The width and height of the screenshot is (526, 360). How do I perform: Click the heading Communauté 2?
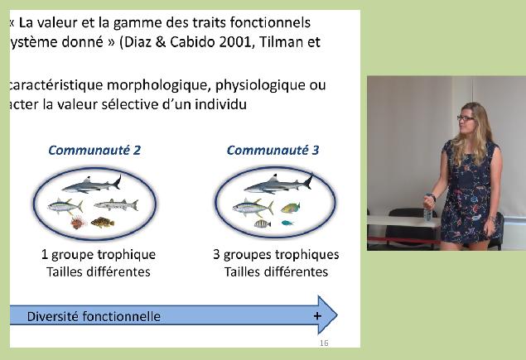[94, 150]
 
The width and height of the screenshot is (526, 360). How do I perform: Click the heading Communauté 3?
[273, 150]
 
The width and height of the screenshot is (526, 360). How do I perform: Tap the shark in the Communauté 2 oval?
[92, 185]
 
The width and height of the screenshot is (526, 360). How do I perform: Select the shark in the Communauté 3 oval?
[278, 184]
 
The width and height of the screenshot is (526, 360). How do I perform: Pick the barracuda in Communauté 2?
[116, 204]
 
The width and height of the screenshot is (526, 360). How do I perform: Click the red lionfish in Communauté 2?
[78, 223]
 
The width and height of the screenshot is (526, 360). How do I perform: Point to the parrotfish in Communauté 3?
[290, 208]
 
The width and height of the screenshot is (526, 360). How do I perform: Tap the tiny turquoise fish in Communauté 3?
[287, 223]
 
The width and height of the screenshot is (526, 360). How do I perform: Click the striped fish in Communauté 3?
[263, 223]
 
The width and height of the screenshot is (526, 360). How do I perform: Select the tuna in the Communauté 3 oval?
[253, 207]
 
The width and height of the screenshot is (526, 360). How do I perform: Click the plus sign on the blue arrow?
[317, 316]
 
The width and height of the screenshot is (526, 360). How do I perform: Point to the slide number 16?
[324, 343]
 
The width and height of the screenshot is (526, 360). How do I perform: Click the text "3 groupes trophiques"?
[276, 255]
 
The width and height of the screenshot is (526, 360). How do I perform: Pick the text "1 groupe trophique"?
[99, 255]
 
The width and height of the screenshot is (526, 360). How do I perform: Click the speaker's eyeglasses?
[466, 118]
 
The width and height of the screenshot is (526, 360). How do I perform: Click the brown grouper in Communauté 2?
[103, 223]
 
